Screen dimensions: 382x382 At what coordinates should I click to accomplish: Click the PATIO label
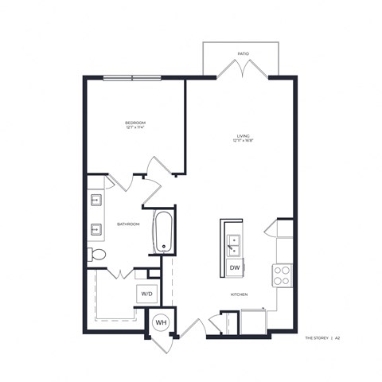243,54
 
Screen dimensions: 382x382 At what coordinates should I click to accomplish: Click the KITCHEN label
240,294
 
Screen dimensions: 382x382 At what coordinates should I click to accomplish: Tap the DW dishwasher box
235,268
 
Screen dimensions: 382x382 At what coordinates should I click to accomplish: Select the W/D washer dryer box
147,294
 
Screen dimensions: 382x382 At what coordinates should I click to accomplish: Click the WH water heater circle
159,323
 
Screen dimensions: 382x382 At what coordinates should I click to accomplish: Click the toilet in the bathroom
96,255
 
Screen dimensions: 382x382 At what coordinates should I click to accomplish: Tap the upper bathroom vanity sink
95,201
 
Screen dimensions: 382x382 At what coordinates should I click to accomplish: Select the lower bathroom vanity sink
95,229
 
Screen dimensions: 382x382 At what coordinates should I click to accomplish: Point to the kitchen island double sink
235,243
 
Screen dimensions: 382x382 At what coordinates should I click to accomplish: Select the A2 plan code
337,337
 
